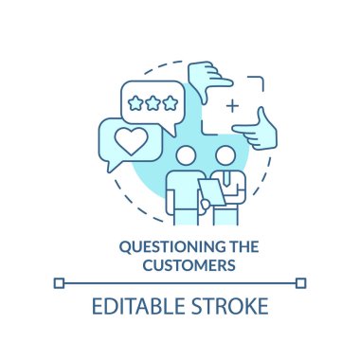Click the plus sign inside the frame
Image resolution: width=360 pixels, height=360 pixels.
pyautogui.click(x=232, y=106)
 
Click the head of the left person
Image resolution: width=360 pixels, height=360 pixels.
pyautogui.click(x=186, y=154)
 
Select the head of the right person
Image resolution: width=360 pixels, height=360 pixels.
pyautogui.click(x=225, y=153)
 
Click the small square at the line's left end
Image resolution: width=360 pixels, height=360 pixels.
pyautogui.click(x=60, y=281)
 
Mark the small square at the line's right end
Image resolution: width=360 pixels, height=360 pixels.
pyautogui.click(x=301, y=281)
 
